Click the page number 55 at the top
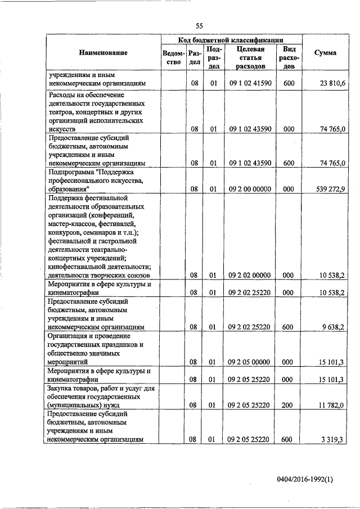point(199,26)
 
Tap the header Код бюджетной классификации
point(231,40)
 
